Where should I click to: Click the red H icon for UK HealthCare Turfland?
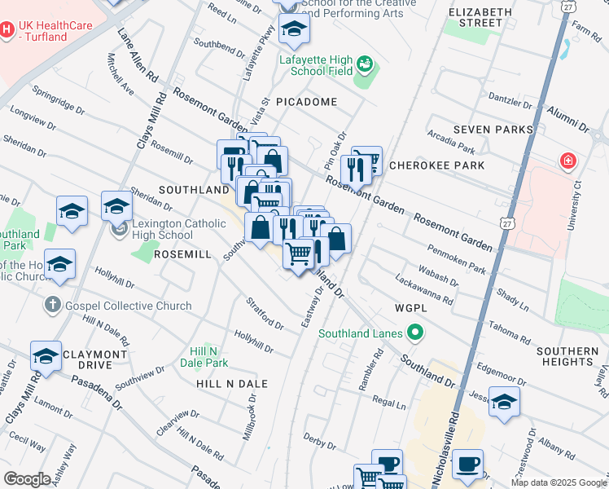tap(7, 29)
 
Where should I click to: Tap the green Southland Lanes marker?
tap(415, 333)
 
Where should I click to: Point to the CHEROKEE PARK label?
tap(436, 165)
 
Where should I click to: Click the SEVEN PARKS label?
tap(493, 130)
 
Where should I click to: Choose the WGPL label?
tap(410, 309)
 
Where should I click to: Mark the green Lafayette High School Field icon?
tap(365, 64)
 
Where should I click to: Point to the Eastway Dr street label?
tap(313, 307)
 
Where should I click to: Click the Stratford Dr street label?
tap(265, 314)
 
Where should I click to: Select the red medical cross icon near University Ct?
tap(567, 161)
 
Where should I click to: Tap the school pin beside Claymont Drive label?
tap(46, 355)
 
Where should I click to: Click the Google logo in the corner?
tap(27, 479)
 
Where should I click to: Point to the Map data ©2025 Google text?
tap(558, 482)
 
